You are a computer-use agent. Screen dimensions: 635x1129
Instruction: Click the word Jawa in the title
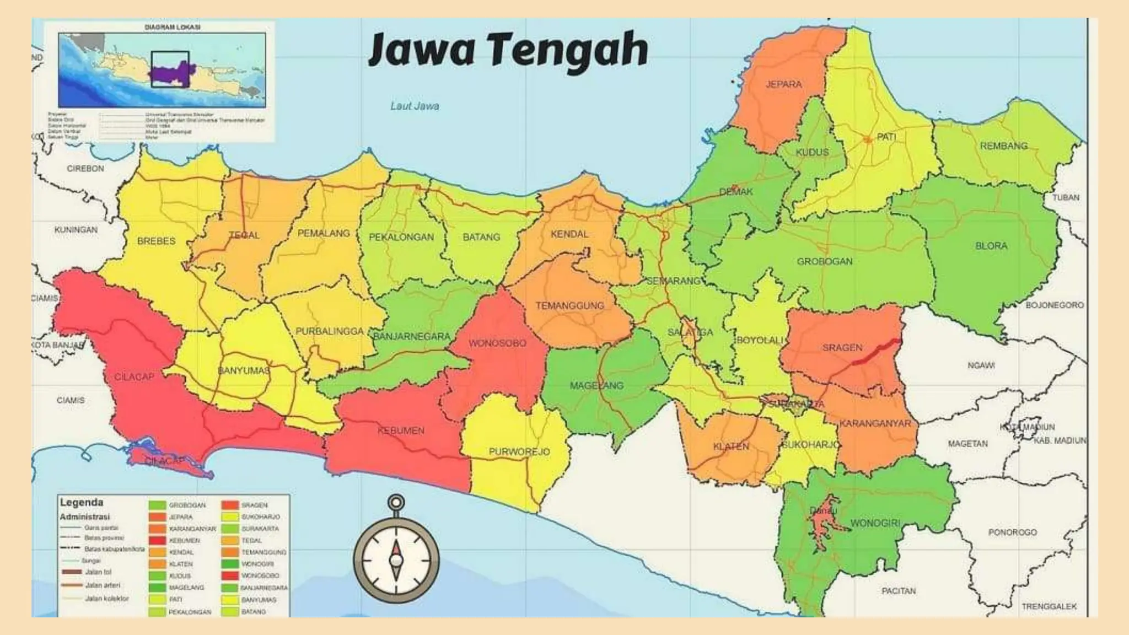[x=422, y=50]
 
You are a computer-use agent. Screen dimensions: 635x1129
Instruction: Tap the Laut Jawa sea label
[x=415, y=106]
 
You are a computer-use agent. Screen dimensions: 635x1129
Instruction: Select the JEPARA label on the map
[x=783, y=84]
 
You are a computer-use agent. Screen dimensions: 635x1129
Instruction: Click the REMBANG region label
[x=1003, y=146]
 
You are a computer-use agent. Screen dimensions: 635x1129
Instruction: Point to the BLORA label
[x=991, y=246]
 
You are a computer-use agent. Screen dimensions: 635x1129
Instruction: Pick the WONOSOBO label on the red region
[x=497, y=343]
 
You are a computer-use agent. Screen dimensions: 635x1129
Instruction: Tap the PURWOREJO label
[x=519, y=452]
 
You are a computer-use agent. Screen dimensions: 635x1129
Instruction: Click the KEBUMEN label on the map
[x=401, y=430]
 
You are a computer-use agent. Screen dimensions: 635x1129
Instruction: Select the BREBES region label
[x=156, y=241]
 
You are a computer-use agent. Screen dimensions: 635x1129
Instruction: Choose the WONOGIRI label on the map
[x=875, y=523]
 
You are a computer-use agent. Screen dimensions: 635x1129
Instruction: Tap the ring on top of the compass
[x=396, y=502]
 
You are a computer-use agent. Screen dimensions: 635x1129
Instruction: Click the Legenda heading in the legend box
[x=82, y=503]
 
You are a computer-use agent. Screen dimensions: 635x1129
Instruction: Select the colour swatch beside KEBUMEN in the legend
[x=157, y=541]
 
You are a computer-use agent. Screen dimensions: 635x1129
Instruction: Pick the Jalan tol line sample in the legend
[x=71, y=572]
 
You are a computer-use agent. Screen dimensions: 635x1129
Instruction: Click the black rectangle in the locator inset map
[x=170, y=69]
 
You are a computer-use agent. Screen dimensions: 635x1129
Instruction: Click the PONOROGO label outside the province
[x=1012, y=532]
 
